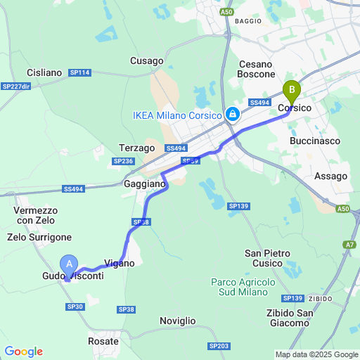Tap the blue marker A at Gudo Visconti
(x=69, y=264)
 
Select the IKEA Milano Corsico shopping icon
(x=232, y=113)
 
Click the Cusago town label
(x=147, y=61)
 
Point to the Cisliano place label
(x=44, y=72)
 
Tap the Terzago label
(x=136, y=148)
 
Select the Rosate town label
(x=103, y=341)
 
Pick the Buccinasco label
(x=315, y=141)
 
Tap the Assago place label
(x=330, y=176)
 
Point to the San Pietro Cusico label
(x=267, y=257)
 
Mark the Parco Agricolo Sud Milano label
(x=240, y=287)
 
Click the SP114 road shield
(x=80, y=72)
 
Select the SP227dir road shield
(x=16, y=86)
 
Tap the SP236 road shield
(x=123, y=161)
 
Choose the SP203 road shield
(x=219, y=346)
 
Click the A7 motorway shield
(x=350, y=244)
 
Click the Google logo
(x=23, y=352)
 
